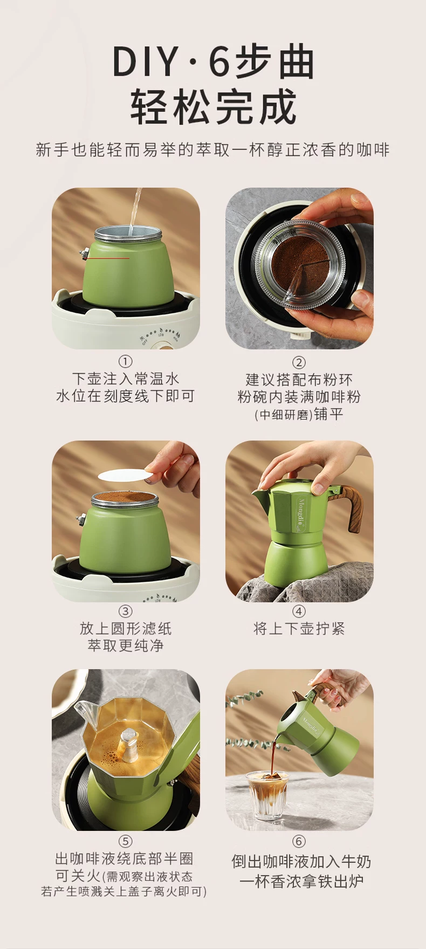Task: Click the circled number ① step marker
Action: click(125, 361)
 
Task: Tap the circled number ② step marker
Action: click(299, 362)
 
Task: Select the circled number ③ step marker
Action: click(125, 611)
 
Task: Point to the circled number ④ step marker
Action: click(299, 611)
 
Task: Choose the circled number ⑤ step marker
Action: click(125, 841)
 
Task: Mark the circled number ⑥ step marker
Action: click(299, 841)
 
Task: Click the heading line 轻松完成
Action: click(214, 107)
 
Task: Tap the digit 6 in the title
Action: click(219, 63)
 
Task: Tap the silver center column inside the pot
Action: click(130, 745)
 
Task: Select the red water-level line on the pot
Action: click(108, 258)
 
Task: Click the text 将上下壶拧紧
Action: click(299, 629)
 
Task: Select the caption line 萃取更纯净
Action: click(126, 646)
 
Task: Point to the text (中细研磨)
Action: click(284, 415)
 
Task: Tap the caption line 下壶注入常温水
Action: click(126, 379)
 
